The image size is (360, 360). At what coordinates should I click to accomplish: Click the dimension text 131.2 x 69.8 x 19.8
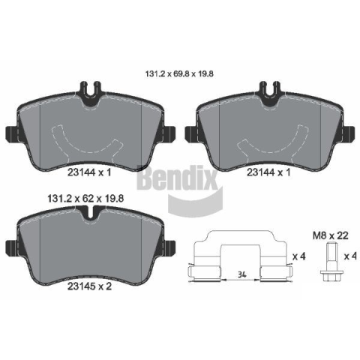click(x=179, y=74)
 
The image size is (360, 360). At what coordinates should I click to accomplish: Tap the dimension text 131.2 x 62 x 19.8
click(x=85, y=199)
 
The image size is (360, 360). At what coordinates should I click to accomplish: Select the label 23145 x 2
click(x=90, y=286)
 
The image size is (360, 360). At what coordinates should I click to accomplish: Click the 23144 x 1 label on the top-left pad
click(x=89, y=172)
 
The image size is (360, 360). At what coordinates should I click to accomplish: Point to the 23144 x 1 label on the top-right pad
click(x=268, y=172)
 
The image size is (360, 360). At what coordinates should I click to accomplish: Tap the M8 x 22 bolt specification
click(x=331, y=235)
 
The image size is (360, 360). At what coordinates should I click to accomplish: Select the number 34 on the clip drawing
click(x=241, y=274)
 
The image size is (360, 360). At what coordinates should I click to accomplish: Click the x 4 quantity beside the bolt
click(x=350, y=256)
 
